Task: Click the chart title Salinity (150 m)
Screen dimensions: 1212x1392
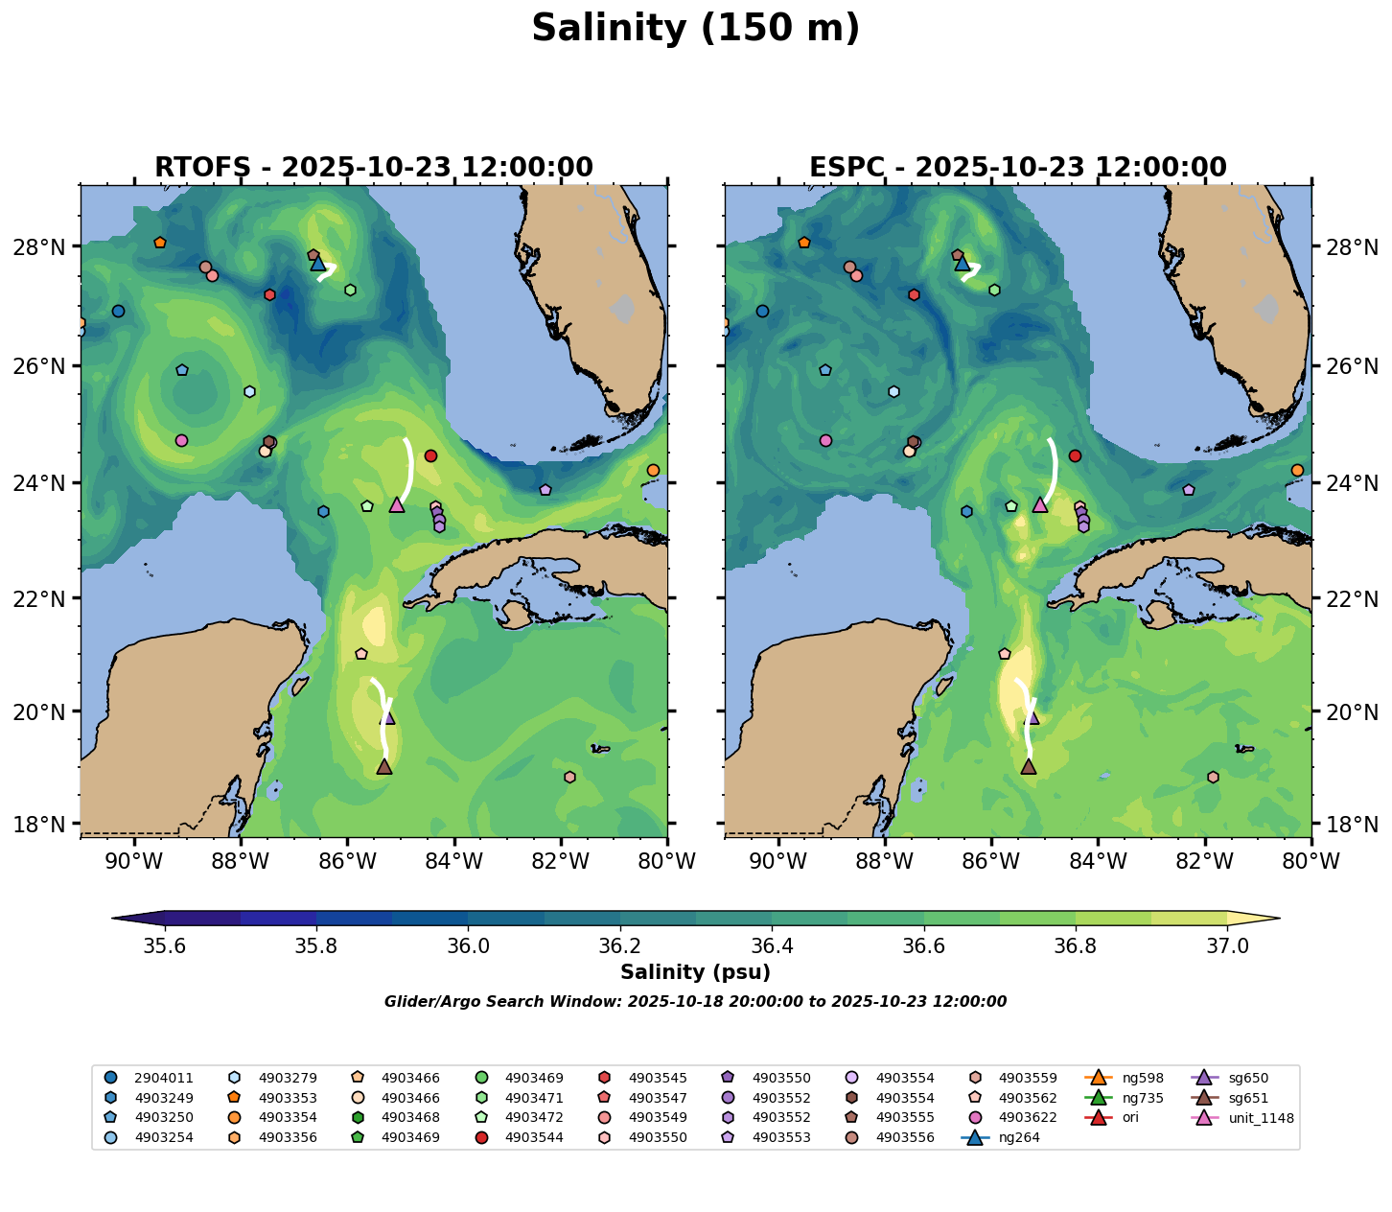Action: (x=695, y=29)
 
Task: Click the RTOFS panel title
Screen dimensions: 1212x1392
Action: (x=373, y=168)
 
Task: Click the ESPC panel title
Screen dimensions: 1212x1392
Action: (x=1017, y=168)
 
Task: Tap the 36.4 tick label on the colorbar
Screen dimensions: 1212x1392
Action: (x=772, y=946)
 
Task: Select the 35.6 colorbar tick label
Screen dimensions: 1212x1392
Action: (x=165, y=946)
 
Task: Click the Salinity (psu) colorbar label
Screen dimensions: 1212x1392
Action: (x=695, y=972)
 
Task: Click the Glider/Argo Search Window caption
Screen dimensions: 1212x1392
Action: (x=695, y=1002)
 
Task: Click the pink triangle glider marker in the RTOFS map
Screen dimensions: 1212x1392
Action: (x=397, y=504)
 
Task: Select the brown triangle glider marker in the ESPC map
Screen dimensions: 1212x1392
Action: (x=1029, y=766)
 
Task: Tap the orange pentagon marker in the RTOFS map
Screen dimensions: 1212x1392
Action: (x=160, y=243)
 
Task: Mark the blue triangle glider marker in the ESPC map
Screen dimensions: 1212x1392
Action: (x=963, y=263)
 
